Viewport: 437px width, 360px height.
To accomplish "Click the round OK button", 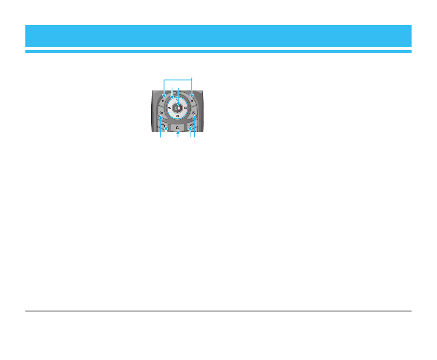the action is [178, 108].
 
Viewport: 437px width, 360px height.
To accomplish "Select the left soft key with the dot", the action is [163, 100].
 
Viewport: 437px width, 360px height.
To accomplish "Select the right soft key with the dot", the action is [192, 100].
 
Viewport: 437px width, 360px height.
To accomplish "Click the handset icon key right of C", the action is [192, 126].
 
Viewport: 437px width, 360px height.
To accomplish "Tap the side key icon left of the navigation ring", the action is [161, 112].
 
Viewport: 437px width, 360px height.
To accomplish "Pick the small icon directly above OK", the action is [178, 100].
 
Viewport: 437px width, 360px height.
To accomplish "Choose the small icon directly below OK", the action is [178, 116].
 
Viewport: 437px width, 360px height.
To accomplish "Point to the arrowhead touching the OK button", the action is [178, 104].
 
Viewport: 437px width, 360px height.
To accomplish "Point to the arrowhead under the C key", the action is [178, 132].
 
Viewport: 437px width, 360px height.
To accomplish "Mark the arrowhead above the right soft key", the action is [192, 96].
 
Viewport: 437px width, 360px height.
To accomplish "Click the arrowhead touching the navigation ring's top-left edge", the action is [172, 97].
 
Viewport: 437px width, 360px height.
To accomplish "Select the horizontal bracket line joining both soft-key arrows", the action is [178, 80].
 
